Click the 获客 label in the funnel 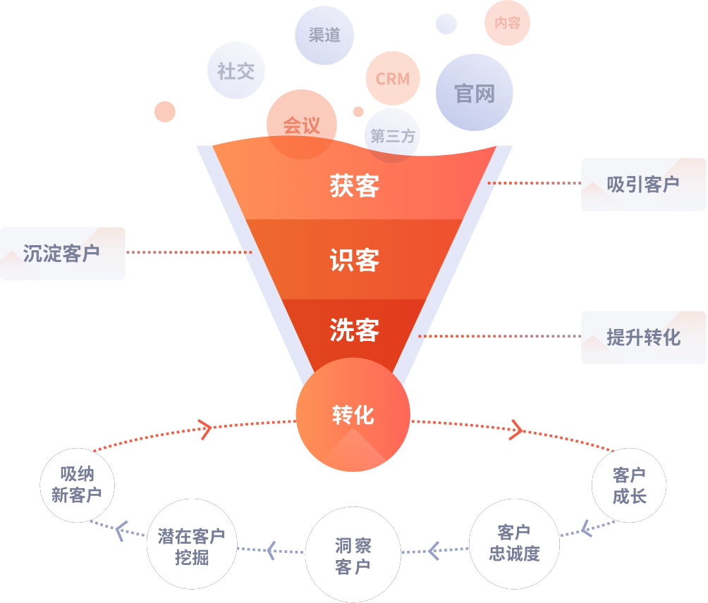coord(354,186)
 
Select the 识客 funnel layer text coord(354,261)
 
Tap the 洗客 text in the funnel coord(354,330)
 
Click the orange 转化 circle coord(353,415)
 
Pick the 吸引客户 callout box coord(643,185)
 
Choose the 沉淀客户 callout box coord(62,254)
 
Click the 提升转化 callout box coord(643,337)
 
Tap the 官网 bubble coord(475,93)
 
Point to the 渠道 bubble coord(324,35)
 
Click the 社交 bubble coord(236,71)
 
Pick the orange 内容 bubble coord(508,23)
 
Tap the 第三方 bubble coord(393,136)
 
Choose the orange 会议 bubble coord(302,125)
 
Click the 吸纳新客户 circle coord(77,485)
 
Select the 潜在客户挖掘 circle coord(192,547)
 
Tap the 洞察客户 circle coord(353,555)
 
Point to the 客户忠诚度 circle coord(515,542)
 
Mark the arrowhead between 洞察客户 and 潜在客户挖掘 coord(271,549)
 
